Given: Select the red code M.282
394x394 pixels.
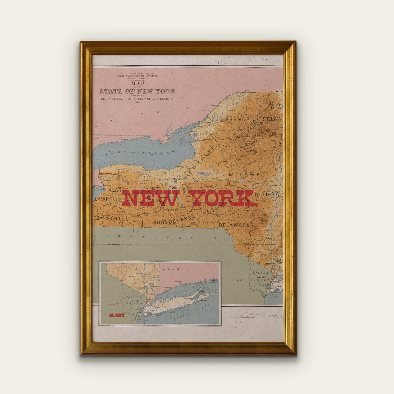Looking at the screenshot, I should tap(117, 315).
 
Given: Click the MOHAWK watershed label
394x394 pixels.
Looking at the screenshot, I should tap(245, 174).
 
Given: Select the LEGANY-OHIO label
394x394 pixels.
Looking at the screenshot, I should tap(107, 218).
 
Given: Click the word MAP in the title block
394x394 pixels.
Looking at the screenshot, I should tap(138, 83).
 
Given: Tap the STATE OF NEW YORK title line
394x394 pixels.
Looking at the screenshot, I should tap(137, 91).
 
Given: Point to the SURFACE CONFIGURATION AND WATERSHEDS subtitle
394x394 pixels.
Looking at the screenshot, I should tap(137, 99).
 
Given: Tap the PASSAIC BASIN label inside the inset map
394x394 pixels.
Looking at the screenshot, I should tap(133, 299).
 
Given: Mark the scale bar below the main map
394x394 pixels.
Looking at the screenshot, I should tap(255, 317).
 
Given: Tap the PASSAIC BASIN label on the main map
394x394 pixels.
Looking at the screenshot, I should tap(261, 275).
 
